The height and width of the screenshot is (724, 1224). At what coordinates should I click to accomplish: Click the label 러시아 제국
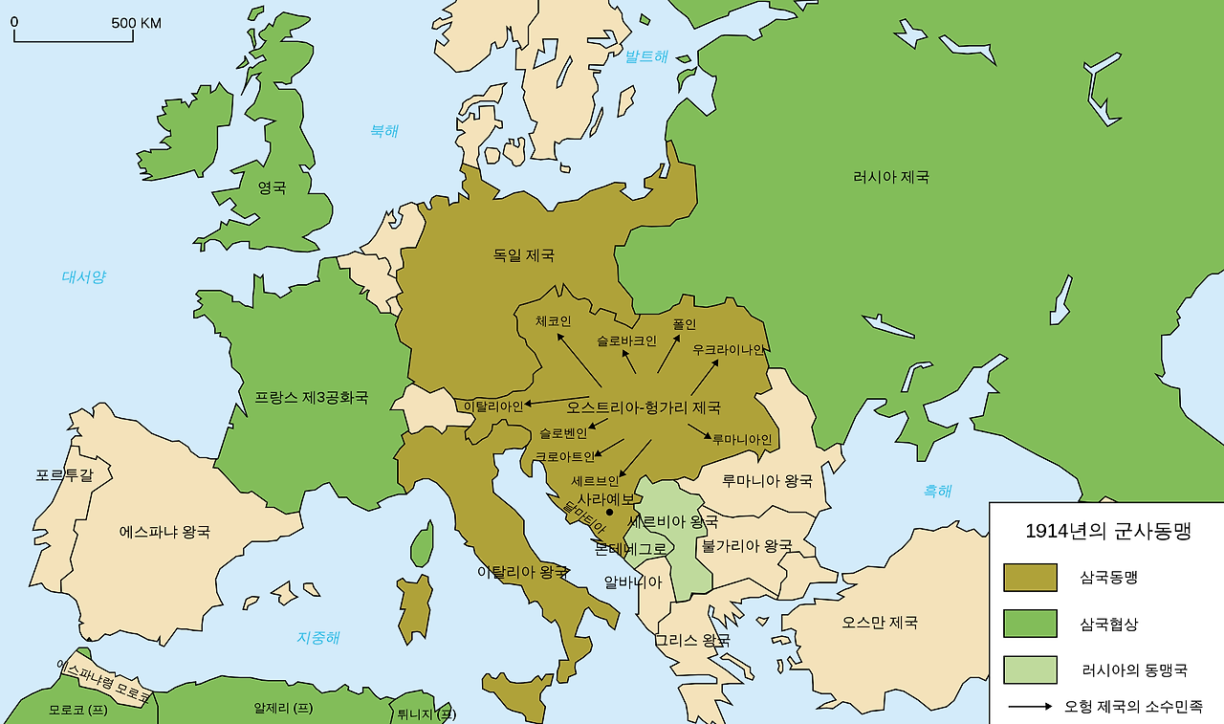(x=890, y=177)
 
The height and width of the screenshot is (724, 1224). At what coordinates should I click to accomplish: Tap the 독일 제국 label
(x=523, y=255)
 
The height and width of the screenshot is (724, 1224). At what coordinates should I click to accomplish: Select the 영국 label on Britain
(x=272, y=188)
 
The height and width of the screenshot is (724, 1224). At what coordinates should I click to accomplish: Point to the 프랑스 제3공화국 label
(x=311, y=397)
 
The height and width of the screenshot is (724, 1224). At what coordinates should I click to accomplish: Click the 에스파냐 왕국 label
(x=164, y=531)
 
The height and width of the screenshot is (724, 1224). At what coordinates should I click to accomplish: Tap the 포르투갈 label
(x=64, y=474)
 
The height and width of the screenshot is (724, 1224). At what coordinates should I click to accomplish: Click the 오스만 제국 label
(x=879, y=622)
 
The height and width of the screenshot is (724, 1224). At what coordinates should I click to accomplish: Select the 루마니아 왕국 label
(x=767, y=480)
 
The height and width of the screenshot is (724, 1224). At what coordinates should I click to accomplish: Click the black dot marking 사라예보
(x=610, y=513)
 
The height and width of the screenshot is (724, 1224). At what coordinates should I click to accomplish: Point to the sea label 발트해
(x=646, y=56)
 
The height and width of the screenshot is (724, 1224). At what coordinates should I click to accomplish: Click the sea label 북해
(x=384, y=131)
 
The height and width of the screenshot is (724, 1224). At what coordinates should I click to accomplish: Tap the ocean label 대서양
(x=84, y=277)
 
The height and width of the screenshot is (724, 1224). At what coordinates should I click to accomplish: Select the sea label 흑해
(x=937, y=492)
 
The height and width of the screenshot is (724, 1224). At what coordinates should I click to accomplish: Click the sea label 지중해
(x=317, y=638)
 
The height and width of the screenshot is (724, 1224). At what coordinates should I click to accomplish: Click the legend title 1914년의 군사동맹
(x=1107, y=532)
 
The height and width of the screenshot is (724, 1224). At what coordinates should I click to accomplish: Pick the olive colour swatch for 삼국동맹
(x=1030, y=578)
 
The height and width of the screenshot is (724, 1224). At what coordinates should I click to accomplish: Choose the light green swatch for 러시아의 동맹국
(x=1030, y=669)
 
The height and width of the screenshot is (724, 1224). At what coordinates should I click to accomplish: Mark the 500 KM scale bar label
(x=136, y=23)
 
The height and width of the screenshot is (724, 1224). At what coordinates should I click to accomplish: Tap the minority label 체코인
(x=553, y=321)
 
